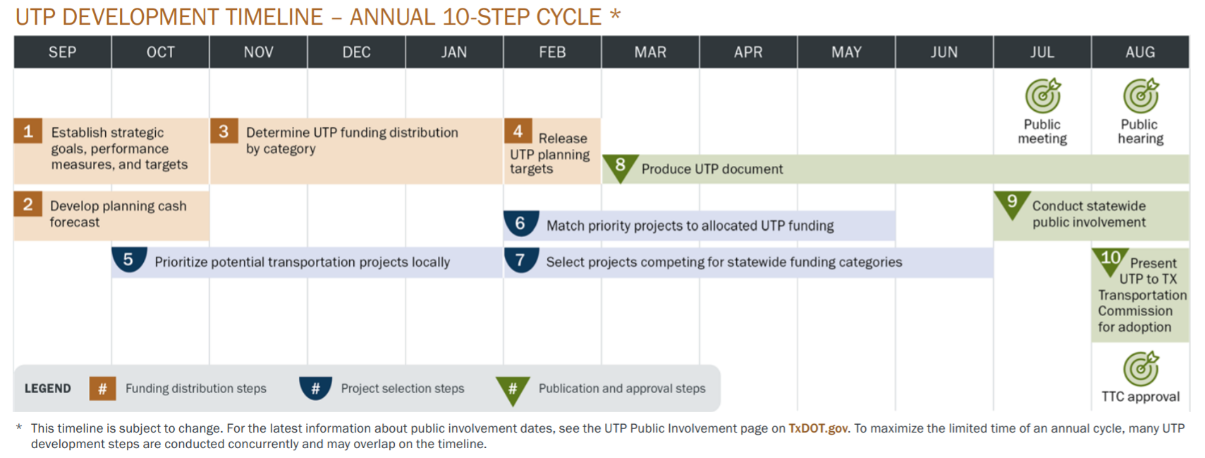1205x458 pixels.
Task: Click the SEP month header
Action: tap(62, 52)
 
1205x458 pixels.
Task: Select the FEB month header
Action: tap(552, 52)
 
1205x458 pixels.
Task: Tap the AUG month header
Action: tap(1139, 52)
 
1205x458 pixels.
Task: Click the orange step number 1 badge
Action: tap(28, 131)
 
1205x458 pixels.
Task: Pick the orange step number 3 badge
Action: tap(224, 131)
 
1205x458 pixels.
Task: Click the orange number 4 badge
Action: tap(518, 131)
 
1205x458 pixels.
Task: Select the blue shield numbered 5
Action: tap(128, 259)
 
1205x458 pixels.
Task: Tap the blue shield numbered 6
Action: tap(520, 223)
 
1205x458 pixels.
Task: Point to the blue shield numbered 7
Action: tap(520, 259)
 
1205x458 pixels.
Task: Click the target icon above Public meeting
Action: tap(1042, 96)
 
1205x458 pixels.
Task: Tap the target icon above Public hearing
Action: tap(1140, 96)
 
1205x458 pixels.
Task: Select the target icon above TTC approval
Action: tap(1140, 369)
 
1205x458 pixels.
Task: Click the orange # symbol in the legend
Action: tap(102, 388)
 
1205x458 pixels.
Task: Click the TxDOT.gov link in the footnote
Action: tap(818, 428)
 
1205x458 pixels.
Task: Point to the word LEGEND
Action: tap(47, 388)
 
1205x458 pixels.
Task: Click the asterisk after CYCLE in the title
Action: tap(615, 13)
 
